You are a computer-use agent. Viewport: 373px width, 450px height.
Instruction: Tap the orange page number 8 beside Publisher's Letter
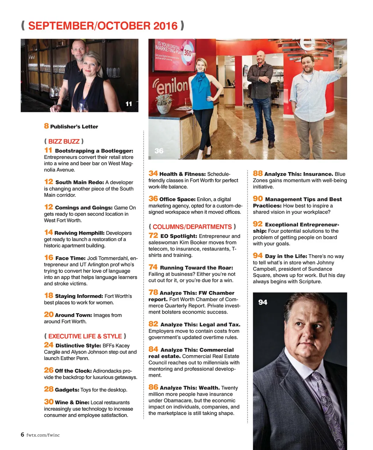46,126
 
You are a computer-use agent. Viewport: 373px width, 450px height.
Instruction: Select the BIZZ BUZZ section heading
64,142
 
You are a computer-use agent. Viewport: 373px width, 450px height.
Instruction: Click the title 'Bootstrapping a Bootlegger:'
94,151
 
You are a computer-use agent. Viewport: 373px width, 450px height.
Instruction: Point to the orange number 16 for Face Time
48,258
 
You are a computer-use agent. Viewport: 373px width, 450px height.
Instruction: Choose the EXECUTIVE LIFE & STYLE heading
85,336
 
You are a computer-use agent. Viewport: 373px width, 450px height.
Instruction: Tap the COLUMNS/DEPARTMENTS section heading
192,227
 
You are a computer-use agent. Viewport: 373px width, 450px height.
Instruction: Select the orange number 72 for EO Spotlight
153,236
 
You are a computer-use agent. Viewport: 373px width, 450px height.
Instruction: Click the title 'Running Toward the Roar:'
196,268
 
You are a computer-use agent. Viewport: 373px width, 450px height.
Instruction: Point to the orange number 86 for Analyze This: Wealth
153,387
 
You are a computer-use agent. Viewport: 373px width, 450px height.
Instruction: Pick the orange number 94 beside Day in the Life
258,255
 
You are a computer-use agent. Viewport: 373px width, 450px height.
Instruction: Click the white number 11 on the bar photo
129,104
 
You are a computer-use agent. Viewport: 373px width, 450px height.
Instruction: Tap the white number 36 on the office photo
159,151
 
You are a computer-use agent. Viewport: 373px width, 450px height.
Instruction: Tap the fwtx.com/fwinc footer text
43,435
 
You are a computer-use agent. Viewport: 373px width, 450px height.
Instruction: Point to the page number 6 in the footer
23,435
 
